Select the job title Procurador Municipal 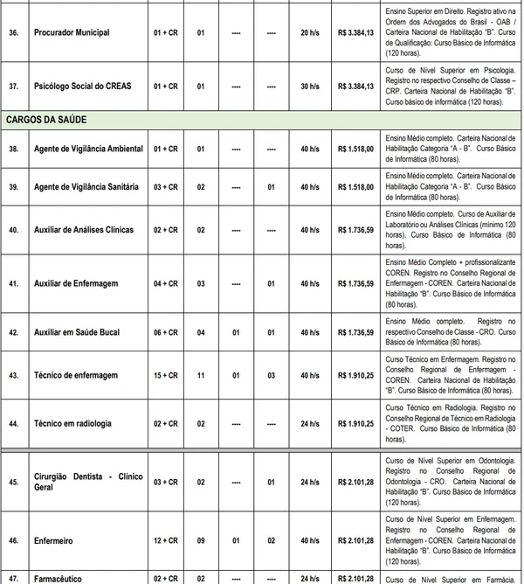point(72,32)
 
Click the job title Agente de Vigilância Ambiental point(88,149)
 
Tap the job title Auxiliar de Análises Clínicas point(84,230)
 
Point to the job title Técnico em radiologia point(72,423)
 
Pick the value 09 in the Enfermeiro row point(201,541)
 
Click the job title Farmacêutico point(59,578)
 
